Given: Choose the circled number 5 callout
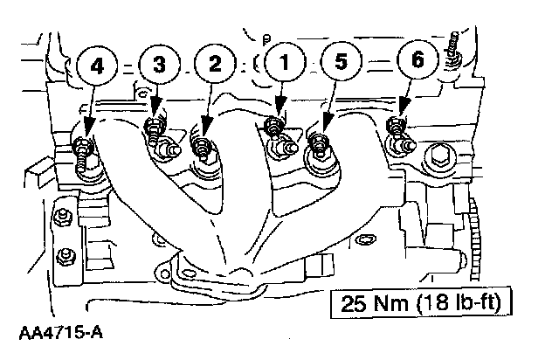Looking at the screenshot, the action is click(x=339, y=63).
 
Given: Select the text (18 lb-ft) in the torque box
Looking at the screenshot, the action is click(x=461, y=306).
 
